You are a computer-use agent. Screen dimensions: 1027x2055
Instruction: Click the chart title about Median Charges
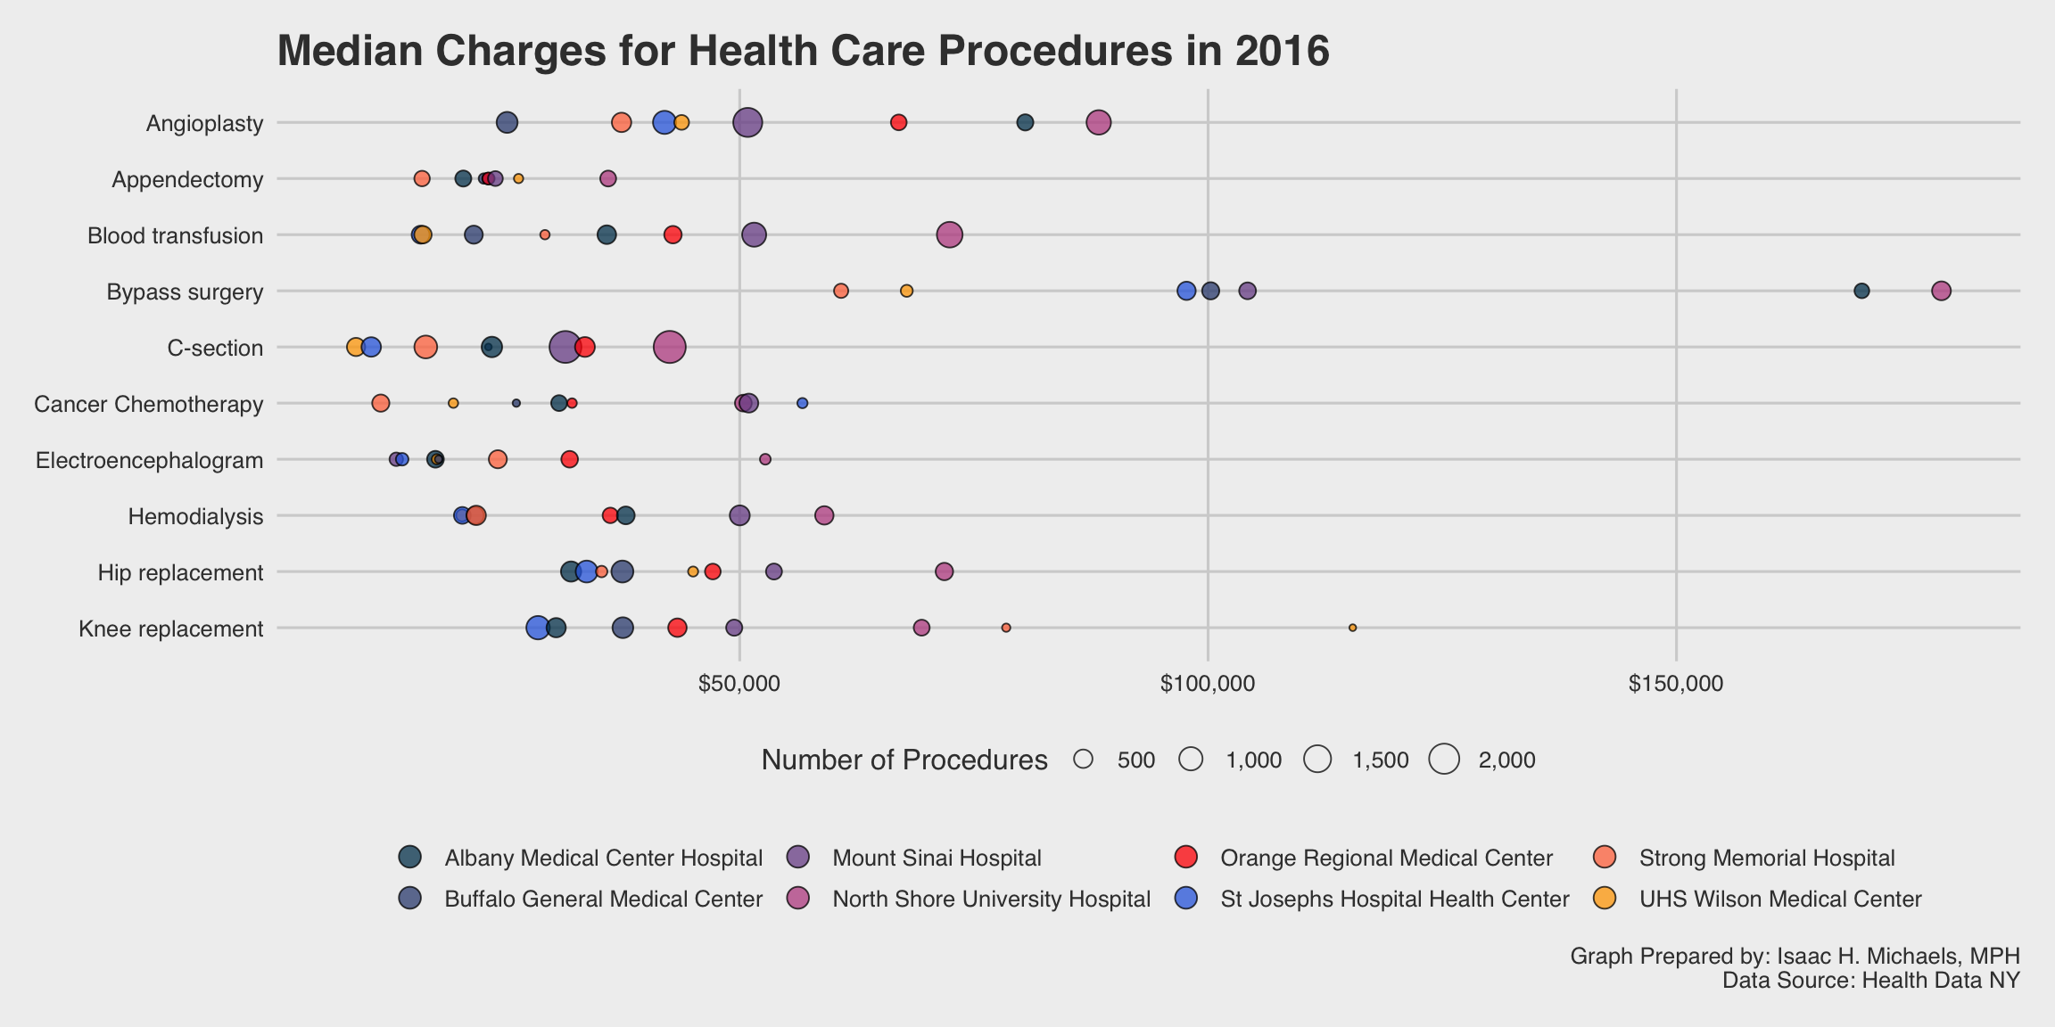click(x=803, y=51)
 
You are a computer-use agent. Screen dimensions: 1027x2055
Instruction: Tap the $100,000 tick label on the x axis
click(x=1208, y=684)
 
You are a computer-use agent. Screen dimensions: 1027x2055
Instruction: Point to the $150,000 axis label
click(x=1676, y=684)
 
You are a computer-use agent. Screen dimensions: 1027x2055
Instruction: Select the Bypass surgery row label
click(x=185, y=292)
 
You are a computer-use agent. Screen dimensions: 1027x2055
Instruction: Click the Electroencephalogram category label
click(x=149, y=461)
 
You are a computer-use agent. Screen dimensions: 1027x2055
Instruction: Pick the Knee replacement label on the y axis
click(x=170, y=629)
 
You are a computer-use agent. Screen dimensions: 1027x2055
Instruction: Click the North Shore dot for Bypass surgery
click(x=1941, y=291)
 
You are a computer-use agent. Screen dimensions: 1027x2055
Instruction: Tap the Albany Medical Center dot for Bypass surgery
click(x=1861, y=291)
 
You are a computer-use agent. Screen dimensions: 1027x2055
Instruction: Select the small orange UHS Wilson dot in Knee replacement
click(x=1352, y=628)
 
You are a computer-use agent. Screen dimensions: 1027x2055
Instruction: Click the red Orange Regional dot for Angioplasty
click(x=898, y=122)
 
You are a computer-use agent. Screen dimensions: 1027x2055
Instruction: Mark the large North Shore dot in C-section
click(x=670, y=347)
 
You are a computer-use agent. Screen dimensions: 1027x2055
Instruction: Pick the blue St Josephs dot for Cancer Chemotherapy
click(x=802, y=403)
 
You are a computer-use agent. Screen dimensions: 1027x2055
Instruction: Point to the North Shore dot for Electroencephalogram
click(x=764, y=459)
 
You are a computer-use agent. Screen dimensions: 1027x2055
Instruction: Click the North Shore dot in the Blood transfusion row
click(x=950, y=234)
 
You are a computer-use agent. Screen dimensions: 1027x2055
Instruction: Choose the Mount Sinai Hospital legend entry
click(x=937, y=859)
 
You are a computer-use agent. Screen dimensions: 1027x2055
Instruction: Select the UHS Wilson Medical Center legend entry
click(x=1779, y=900)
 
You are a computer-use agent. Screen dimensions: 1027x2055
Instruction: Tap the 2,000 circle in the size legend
click(x=1444, y=760)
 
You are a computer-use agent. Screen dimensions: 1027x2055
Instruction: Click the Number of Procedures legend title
click(x=904, y=760)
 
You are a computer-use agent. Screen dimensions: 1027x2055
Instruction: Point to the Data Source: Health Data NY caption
click(x=1870, y=981)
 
